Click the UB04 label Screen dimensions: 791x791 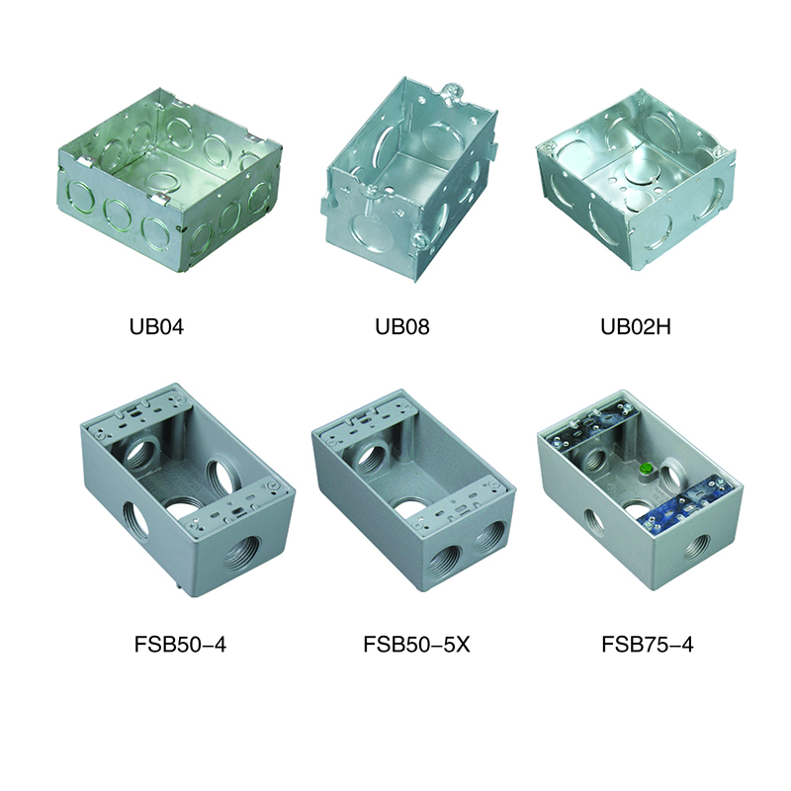pyautogui.click(x=156, y=327)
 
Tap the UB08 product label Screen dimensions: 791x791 pyautogui.click(x=402, y=327)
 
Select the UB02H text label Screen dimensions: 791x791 pyautogui.click(x=636, y=327)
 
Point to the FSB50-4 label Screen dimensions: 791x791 pyautogui.click(x=180, y=645)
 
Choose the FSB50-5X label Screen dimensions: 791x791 pyautogui.click(x=416, y=645)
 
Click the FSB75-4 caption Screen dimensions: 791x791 pyautogui.click(x=648, y=645)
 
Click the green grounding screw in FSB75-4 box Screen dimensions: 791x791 pyautogui.click(x=644, y=469)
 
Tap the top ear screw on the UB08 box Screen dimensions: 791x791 pyautogui.click(x=447, y=92)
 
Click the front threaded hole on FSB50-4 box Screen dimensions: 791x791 pyautogui.click(x=240, y=554)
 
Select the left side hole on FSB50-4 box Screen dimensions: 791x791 pyautogui.click(x=135, y=518)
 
